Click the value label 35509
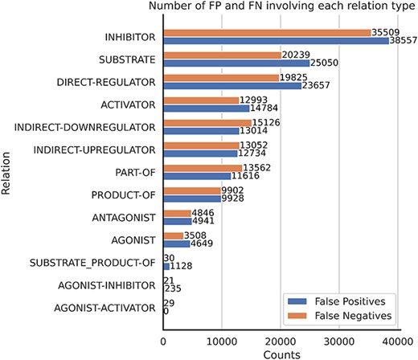point(386,33)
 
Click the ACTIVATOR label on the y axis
point(132,104)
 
